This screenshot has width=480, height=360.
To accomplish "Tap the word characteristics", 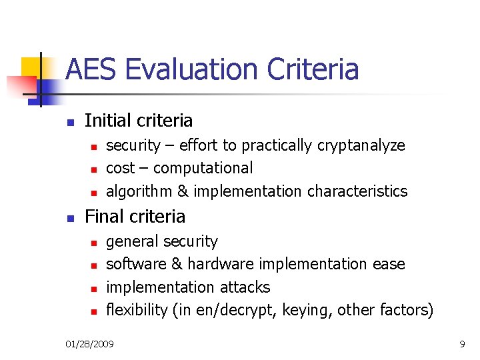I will [357, 192].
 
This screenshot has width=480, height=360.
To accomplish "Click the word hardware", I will [221, 265].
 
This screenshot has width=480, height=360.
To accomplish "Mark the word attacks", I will [247, 287].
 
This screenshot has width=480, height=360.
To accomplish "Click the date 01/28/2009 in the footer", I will [89, 344].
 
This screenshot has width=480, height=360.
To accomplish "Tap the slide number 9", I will [462, 344].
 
